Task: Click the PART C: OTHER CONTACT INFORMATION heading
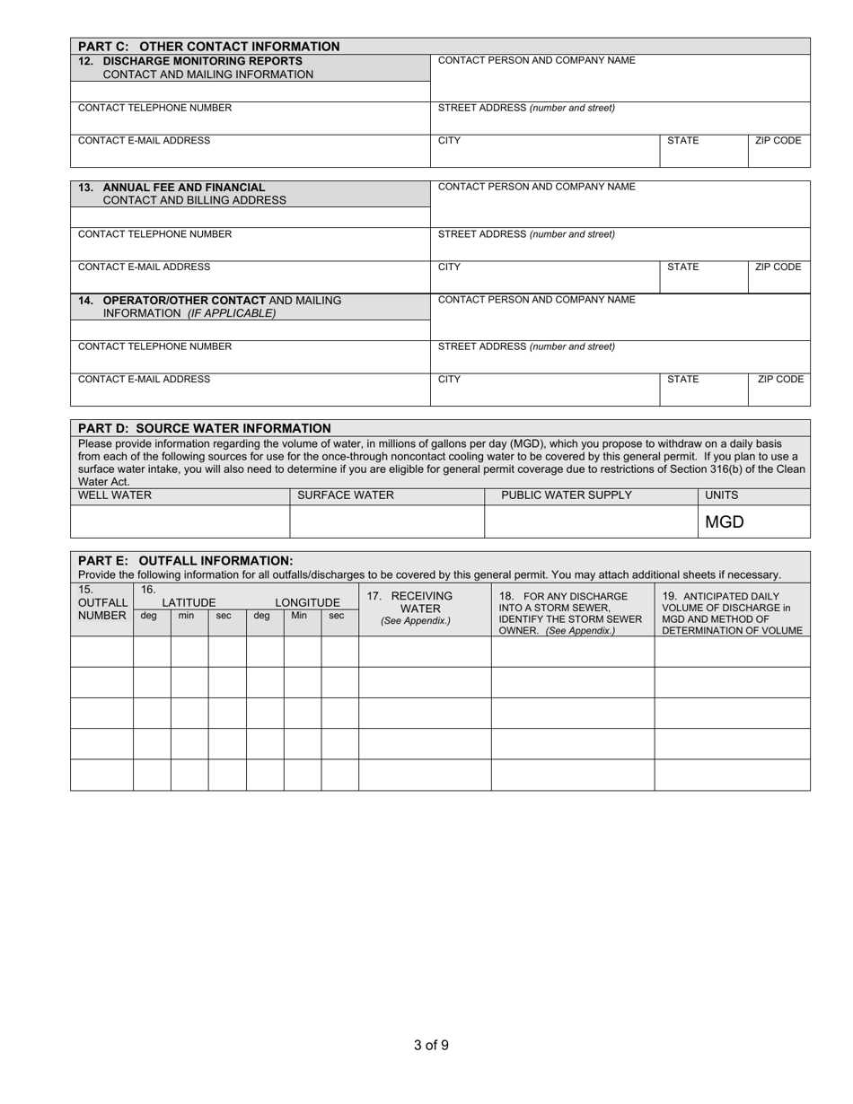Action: tap(209, 47)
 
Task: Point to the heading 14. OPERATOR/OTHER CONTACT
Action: tap(185, 300)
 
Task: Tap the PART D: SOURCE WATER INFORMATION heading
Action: tap(205, 428)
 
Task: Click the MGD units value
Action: tap(725, 521)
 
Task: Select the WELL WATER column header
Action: tap(115, 495)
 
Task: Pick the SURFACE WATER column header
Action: tap(346, 495)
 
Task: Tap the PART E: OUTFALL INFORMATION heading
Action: tap(186, 560)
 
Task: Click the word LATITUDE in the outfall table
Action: tap(189, 602)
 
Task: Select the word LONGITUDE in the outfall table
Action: tap(307, 602)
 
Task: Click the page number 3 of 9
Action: tap(431, 1045)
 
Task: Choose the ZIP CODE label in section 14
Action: tap(780, 380)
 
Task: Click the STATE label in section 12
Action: tap(683, 141)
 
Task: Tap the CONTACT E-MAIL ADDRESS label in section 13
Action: tap(145, 267)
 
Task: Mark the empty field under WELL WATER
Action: tap(180, 521)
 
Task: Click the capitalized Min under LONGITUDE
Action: tap(299, 616)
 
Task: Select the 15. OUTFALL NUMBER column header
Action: tap(101, 603)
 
